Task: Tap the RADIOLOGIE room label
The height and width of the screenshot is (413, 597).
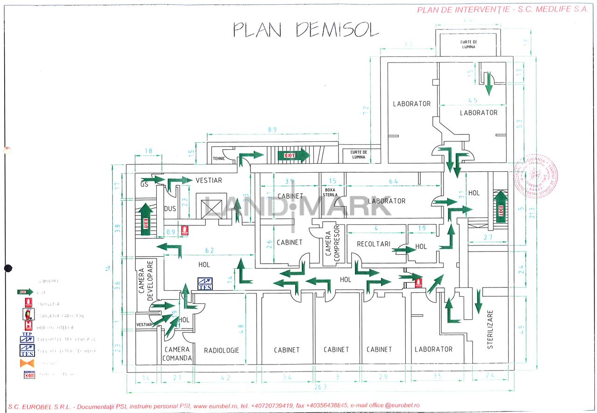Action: [222, 350]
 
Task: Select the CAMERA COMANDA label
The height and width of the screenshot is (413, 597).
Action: [177, 354]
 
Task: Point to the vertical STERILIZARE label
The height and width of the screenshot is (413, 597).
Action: [490, 329]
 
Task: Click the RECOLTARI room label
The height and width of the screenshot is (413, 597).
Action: [373, 244]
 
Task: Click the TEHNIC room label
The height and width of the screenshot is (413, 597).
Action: [219, 159]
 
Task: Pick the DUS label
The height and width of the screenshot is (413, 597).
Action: [170, 209]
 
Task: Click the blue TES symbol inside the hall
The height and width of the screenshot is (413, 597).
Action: [205, 284]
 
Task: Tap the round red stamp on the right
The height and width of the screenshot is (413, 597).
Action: [536, 175]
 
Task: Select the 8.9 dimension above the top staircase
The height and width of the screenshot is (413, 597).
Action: [273, 129]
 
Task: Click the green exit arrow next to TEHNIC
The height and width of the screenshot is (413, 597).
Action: [252, 155]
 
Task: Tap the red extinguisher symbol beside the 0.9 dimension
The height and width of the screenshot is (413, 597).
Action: [185, 230]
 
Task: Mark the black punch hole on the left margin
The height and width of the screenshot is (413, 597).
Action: [7, 268]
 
